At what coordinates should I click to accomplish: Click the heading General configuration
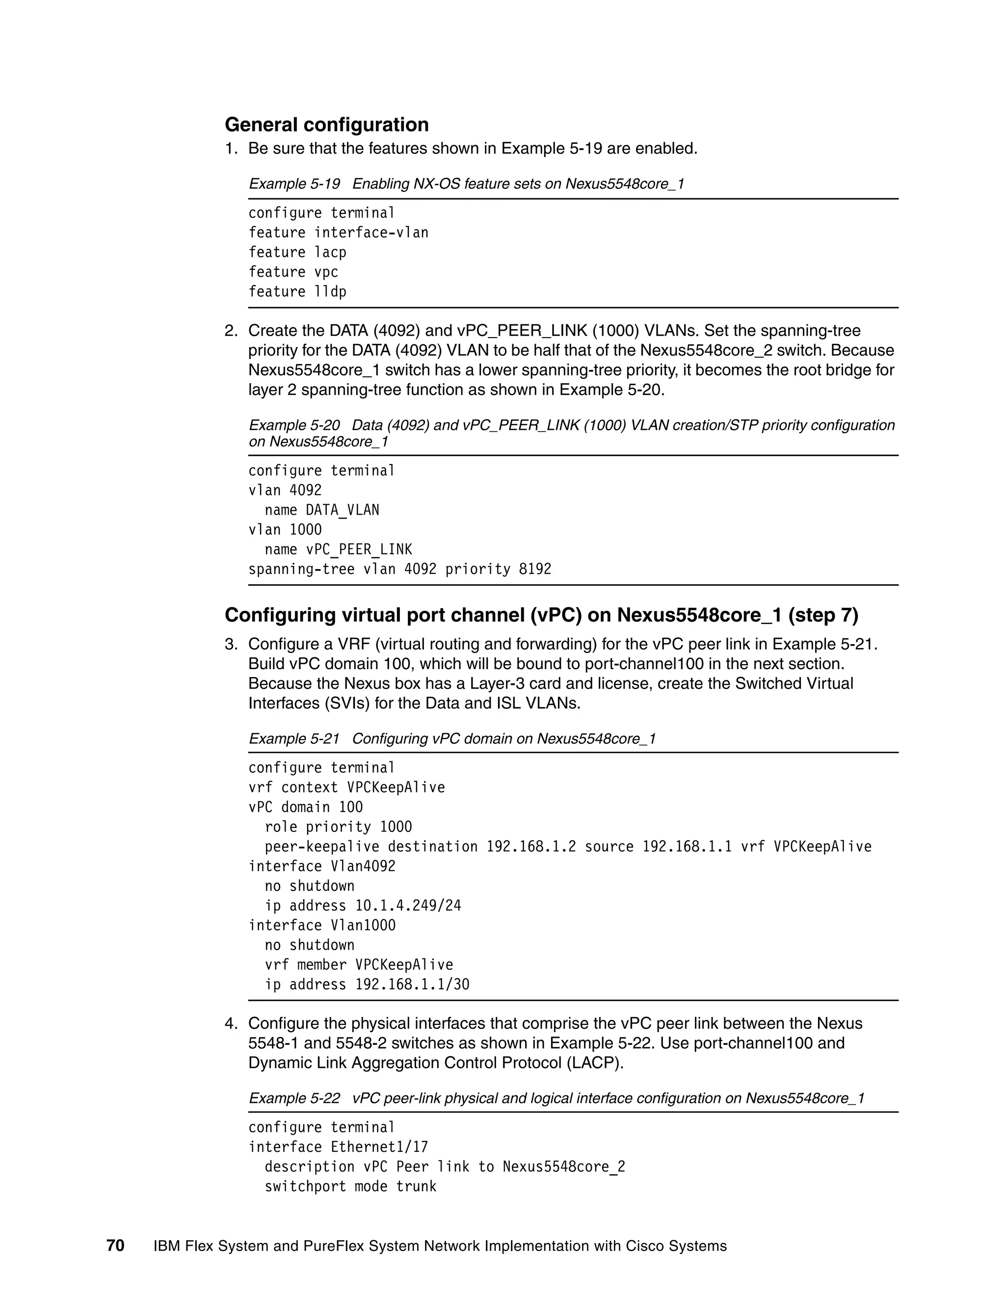point(326,125)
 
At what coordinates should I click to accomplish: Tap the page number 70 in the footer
point(115,1245)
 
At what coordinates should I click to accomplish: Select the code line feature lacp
point(297,252)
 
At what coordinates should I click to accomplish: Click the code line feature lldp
point(297,292)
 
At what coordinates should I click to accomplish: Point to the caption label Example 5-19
point(294,183)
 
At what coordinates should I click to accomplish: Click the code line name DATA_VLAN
point(321,510)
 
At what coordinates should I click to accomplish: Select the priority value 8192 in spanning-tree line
point(535,569)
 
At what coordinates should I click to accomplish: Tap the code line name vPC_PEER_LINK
point(338,549)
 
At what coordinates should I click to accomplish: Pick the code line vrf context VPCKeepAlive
point(346,787)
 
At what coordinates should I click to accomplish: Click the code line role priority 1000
point(338,827)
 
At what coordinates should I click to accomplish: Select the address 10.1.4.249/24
point(408,906)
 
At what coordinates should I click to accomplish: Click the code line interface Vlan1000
point(321,925)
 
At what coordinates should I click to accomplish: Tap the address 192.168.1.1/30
point(412,984)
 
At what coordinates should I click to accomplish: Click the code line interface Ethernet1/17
point(338,1147)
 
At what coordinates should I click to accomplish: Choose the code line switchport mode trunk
point(351,1186)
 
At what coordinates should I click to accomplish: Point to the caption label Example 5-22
point(294,1098)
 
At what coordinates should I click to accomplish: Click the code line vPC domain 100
point(305,807)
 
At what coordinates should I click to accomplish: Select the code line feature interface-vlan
point(338,233)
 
